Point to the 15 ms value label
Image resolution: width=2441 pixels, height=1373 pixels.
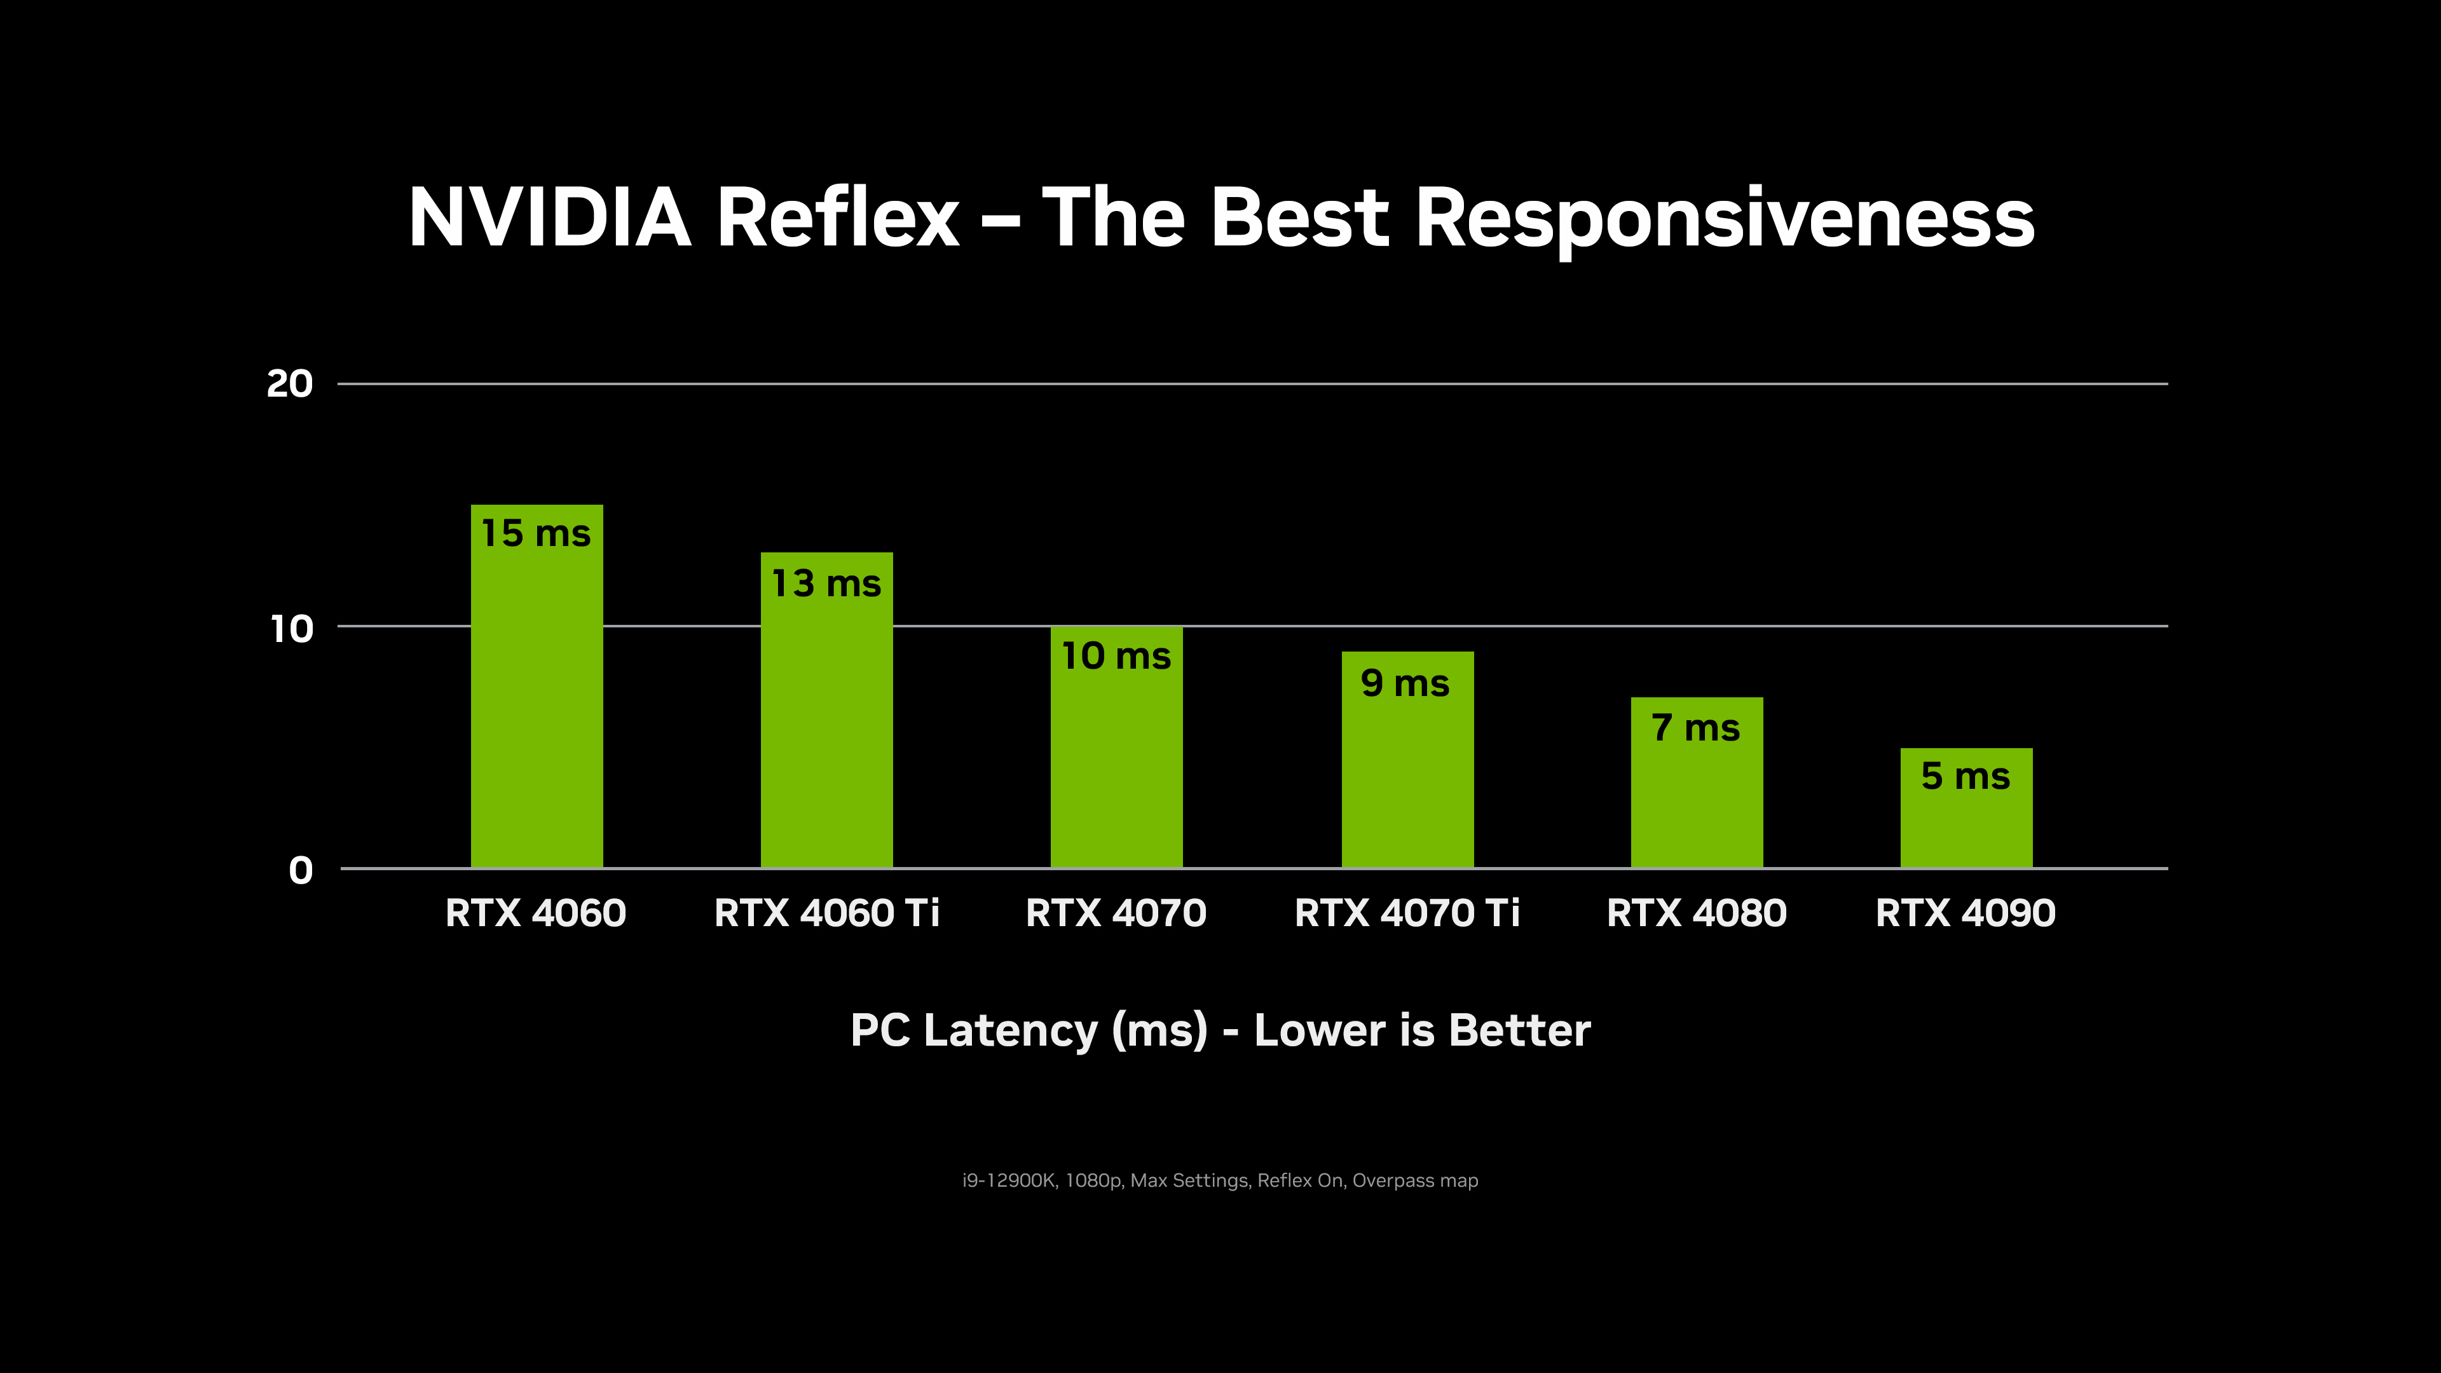point(537,533)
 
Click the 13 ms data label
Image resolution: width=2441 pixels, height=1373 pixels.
point(826,584)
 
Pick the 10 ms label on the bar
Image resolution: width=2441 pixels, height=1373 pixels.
point(1116,656)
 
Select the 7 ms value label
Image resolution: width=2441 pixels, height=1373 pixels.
point(1695,728)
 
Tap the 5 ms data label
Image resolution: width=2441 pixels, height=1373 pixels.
point(1966,776)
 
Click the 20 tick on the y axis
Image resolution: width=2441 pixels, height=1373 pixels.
point(289,384)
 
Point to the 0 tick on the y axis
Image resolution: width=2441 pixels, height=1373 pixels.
point(301,870)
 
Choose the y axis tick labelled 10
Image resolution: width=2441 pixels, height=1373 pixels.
point(291,628)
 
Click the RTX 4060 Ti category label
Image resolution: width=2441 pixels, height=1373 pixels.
point(826,913)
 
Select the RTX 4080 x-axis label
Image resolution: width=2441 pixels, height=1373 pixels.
point(1696,913)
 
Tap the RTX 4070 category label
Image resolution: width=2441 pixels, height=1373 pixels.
point(1116,913)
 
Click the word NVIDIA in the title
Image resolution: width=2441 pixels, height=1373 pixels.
point(550,218)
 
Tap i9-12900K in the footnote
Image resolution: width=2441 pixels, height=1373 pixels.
point(1008,1180)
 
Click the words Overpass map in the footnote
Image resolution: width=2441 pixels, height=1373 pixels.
point(1415,1180)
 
